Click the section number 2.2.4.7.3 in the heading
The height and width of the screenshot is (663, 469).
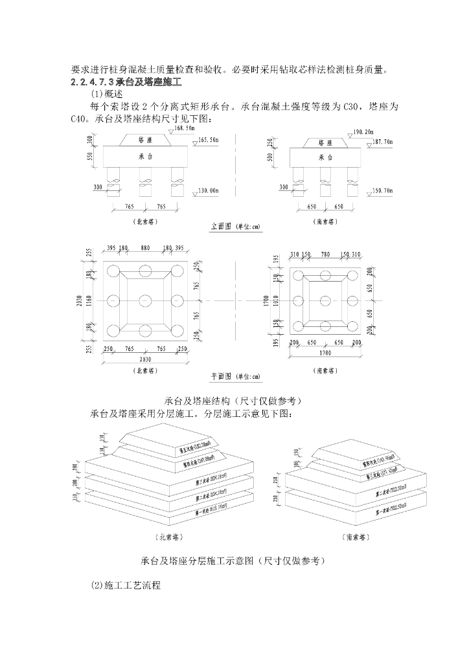[x=92, y=82]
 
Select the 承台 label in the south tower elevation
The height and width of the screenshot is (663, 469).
[x=326, y=157]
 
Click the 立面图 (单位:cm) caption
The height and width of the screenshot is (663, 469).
[x=236, y=227]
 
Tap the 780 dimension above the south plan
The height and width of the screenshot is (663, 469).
[x=325, y=254]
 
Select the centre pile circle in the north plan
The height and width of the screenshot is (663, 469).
[x=145, y=300]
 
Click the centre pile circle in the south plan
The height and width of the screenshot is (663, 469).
[x=325, y=301]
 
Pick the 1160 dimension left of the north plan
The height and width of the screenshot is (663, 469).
[x=89, y=300]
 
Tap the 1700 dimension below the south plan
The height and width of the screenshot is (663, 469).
[x=325, y=354]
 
